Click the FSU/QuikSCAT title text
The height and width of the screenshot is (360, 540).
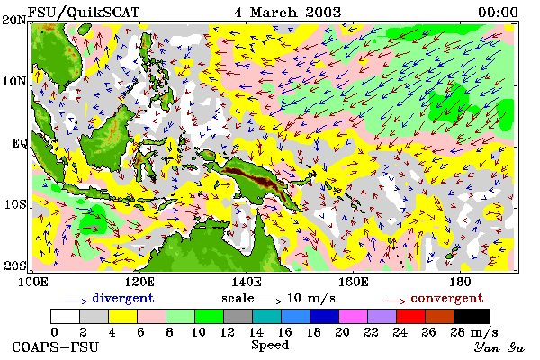click(84, 13)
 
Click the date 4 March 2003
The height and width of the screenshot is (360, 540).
click(288, 13)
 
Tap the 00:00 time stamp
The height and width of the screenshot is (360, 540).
click(498, 13)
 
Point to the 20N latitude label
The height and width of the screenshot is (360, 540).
click(13, 20)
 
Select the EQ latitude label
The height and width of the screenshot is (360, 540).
click(19, 143)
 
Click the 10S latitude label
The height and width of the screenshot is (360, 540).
click(14, 204)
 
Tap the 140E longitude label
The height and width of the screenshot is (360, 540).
click(246, 282)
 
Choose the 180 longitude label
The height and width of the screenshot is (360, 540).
click(460, 282)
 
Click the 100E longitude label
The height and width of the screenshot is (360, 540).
click(32, 282)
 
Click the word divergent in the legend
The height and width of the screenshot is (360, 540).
click(123, 298)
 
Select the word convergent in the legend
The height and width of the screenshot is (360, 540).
click(447, 298)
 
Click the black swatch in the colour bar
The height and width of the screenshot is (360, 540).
click(472, 316)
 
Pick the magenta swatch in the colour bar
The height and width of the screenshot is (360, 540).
click(353, 316)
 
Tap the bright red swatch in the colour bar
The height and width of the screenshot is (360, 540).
click(410, 316)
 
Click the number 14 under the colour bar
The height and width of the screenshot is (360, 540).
click(256, 332)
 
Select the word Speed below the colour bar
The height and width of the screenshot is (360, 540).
click(270, 346)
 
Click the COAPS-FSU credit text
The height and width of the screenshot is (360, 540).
click(55, 346)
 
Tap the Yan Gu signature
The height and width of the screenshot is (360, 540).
click(499, 347)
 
